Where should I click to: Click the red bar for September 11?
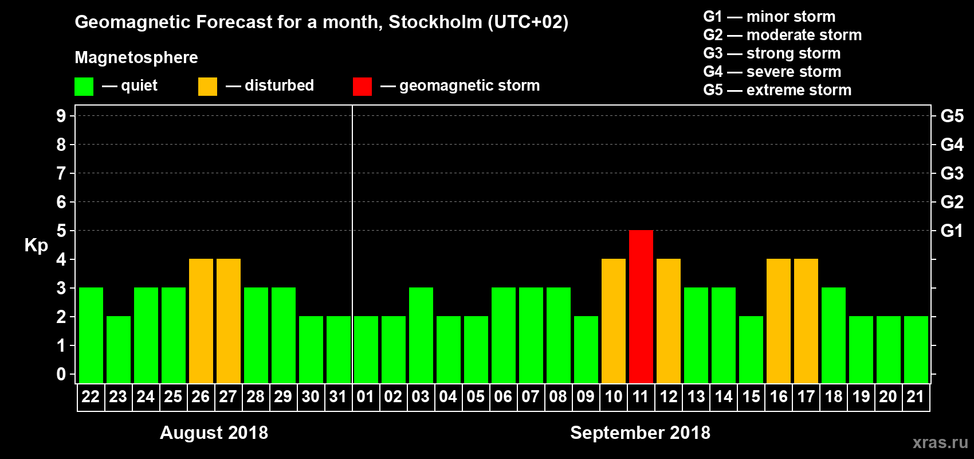coord(641,306)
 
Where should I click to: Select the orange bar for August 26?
coord(201,321)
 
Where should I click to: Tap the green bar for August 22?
coord(91,335)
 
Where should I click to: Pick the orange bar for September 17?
coord(806,321)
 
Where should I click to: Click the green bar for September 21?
coord(916,349)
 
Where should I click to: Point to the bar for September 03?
coord(421,335)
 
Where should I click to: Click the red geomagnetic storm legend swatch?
coord(362,87)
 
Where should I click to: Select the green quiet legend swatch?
coord(84,87)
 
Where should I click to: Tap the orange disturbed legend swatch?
coord(207,87)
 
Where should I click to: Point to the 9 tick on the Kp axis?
coord(61,116)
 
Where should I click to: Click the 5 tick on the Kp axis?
coord(61,231)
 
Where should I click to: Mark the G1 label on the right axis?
coord(952,231)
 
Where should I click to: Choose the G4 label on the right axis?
coord(952,145)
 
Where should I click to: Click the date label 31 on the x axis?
coord(338,396)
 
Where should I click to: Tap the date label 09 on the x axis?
coord(586,396)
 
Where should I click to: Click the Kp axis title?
coord(36,246)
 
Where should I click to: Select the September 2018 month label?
coord(640,433)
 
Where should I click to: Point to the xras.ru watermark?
coord(940,442)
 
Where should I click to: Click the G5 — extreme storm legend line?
coord(777,90)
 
